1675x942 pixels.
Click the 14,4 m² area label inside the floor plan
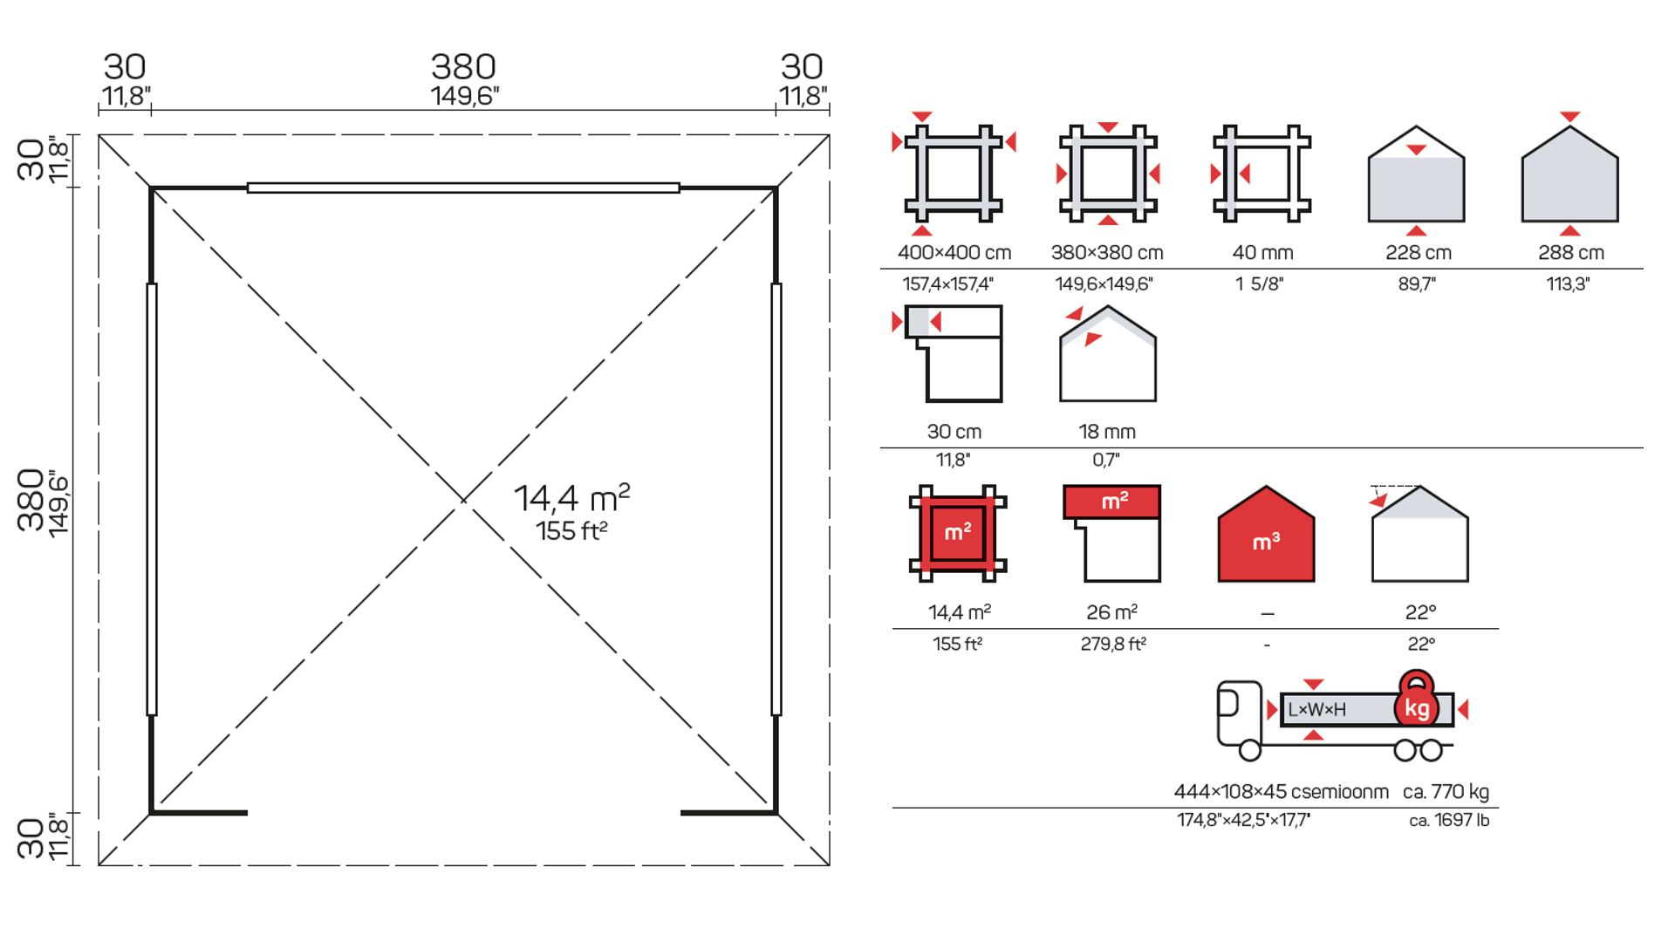pos(571,498)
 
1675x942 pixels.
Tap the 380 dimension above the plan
pos(463,66)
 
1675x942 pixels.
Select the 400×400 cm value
pos(954,253)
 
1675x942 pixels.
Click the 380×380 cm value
pos(1107,253)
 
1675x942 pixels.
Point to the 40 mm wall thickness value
pos(1262,253)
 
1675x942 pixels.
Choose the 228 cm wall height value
pos(1419,253)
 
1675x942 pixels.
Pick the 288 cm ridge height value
pos(1571,253)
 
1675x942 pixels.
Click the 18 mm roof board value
pos(1107,432)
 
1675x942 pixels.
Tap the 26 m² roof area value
pos(1111,612)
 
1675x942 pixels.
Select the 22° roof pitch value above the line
pos(1420,612)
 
